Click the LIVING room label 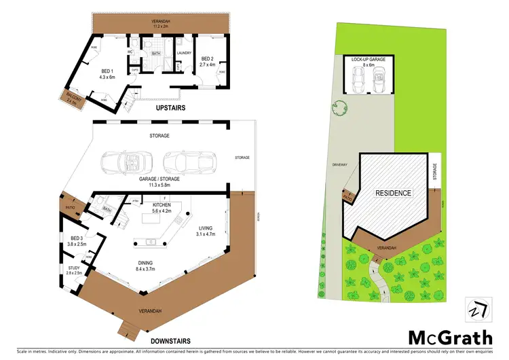tap(204, 230)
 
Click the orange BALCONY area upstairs tap(72, 99)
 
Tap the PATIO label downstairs tap(70, 207)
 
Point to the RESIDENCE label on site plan tap(394, 193)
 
